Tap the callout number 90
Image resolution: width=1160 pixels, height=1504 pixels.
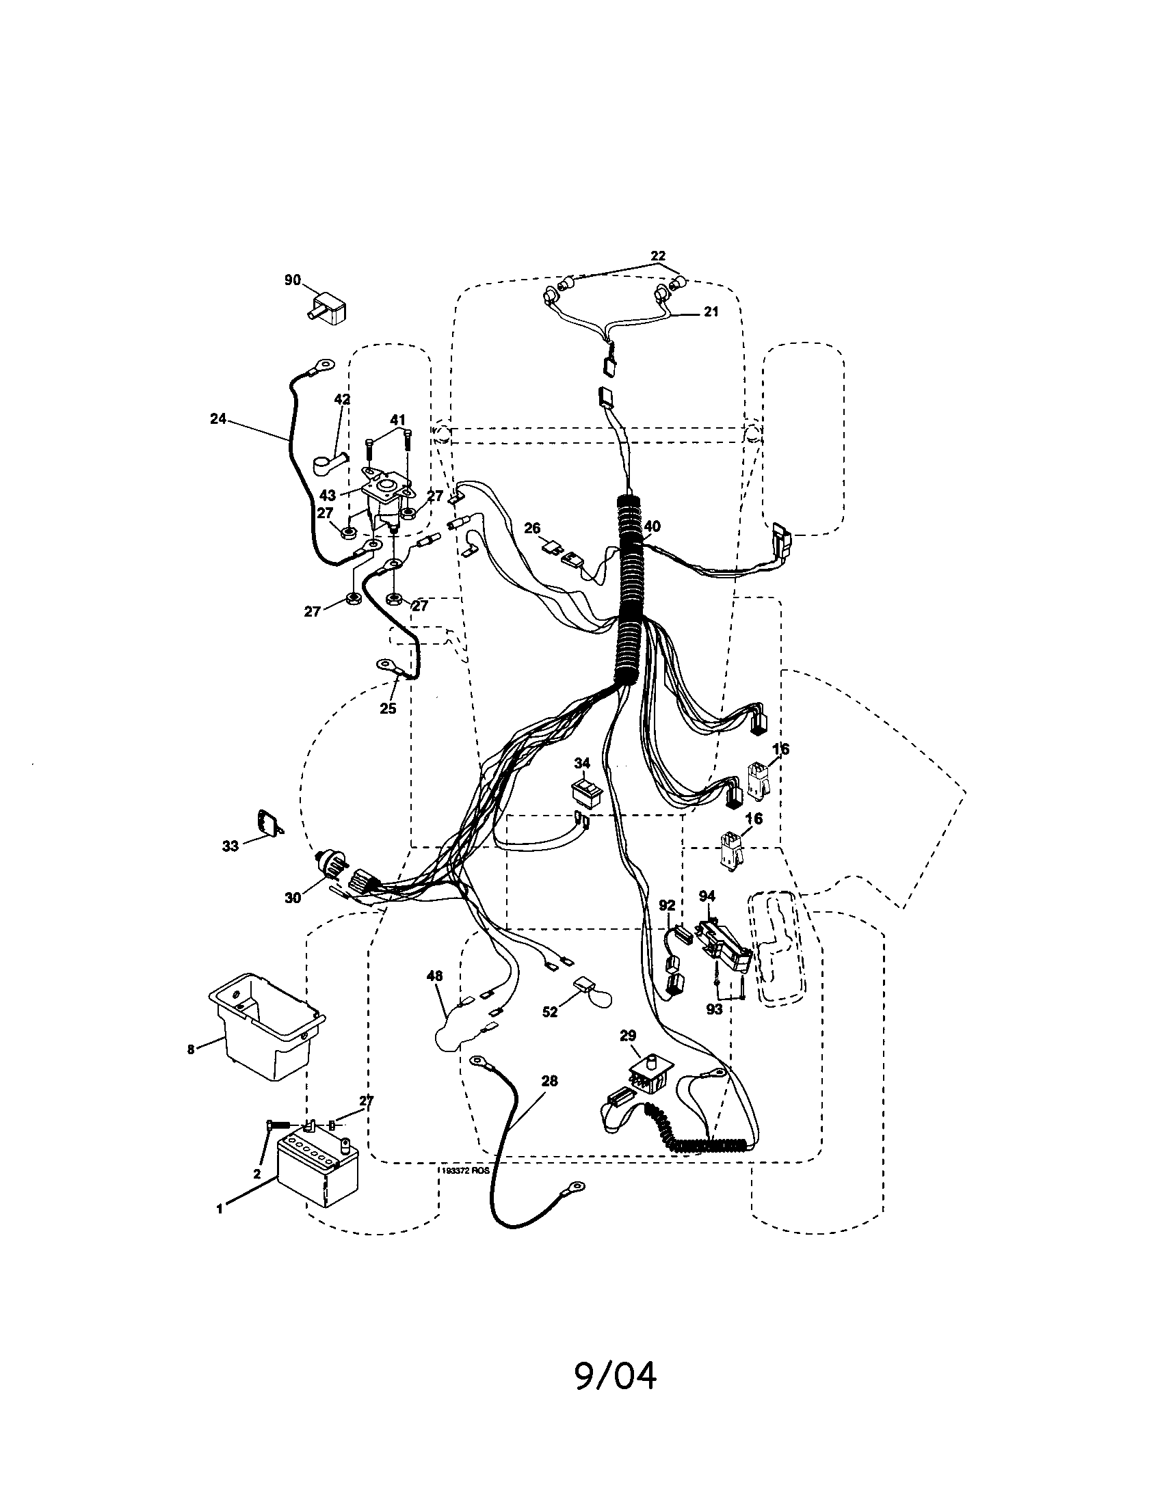coord(293,280)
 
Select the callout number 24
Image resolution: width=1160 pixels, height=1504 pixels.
coord(217,418)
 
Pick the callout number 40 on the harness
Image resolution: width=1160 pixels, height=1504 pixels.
coord(651,526)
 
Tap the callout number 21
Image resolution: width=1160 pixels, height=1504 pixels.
coord(711,311)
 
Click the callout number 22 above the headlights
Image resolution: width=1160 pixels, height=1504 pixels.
coord(658,256)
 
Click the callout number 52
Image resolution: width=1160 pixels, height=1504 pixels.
coord(549,1012)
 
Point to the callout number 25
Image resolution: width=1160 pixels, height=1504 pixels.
coord(388,708)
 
